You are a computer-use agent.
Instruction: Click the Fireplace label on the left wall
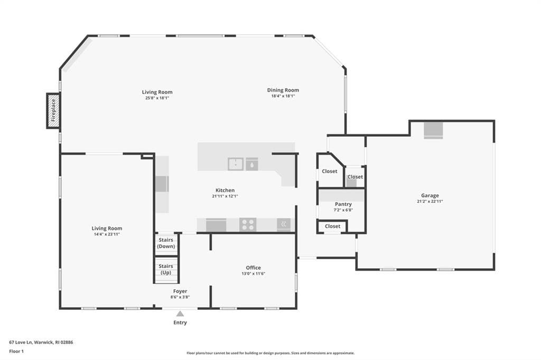[53, 110]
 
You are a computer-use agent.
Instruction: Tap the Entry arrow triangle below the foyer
[180, 314]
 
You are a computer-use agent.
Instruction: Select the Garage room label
[430, 195]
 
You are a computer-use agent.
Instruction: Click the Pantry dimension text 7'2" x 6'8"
[343, 210]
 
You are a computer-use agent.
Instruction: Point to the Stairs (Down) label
[166, 243]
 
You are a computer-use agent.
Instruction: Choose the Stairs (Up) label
[166, 269]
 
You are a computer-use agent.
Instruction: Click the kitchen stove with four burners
[248, 224]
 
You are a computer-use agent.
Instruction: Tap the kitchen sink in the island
[236, 164]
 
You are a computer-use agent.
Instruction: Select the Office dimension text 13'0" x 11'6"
[253, 273]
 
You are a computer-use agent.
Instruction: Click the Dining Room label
[283, 90]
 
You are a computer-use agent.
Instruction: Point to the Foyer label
[180, 291]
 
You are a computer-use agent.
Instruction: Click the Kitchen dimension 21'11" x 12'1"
[225, 196]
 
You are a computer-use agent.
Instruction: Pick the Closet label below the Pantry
[333, 226]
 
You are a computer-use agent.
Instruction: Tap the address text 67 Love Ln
[21, 343]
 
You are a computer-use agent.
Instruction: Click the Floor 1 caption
[16, 352]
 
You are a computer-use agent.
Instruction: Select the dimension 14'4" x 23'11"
[107, 234]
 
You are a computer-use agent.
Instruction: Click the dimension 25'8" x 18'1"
[157, 98]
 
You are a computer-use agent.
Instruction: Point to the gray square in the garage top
[433, 130]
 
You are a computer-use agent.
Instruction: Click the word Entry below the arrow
[180, 323]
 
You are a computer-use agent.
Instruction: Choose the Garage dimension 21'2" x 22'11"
[430, 202]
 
